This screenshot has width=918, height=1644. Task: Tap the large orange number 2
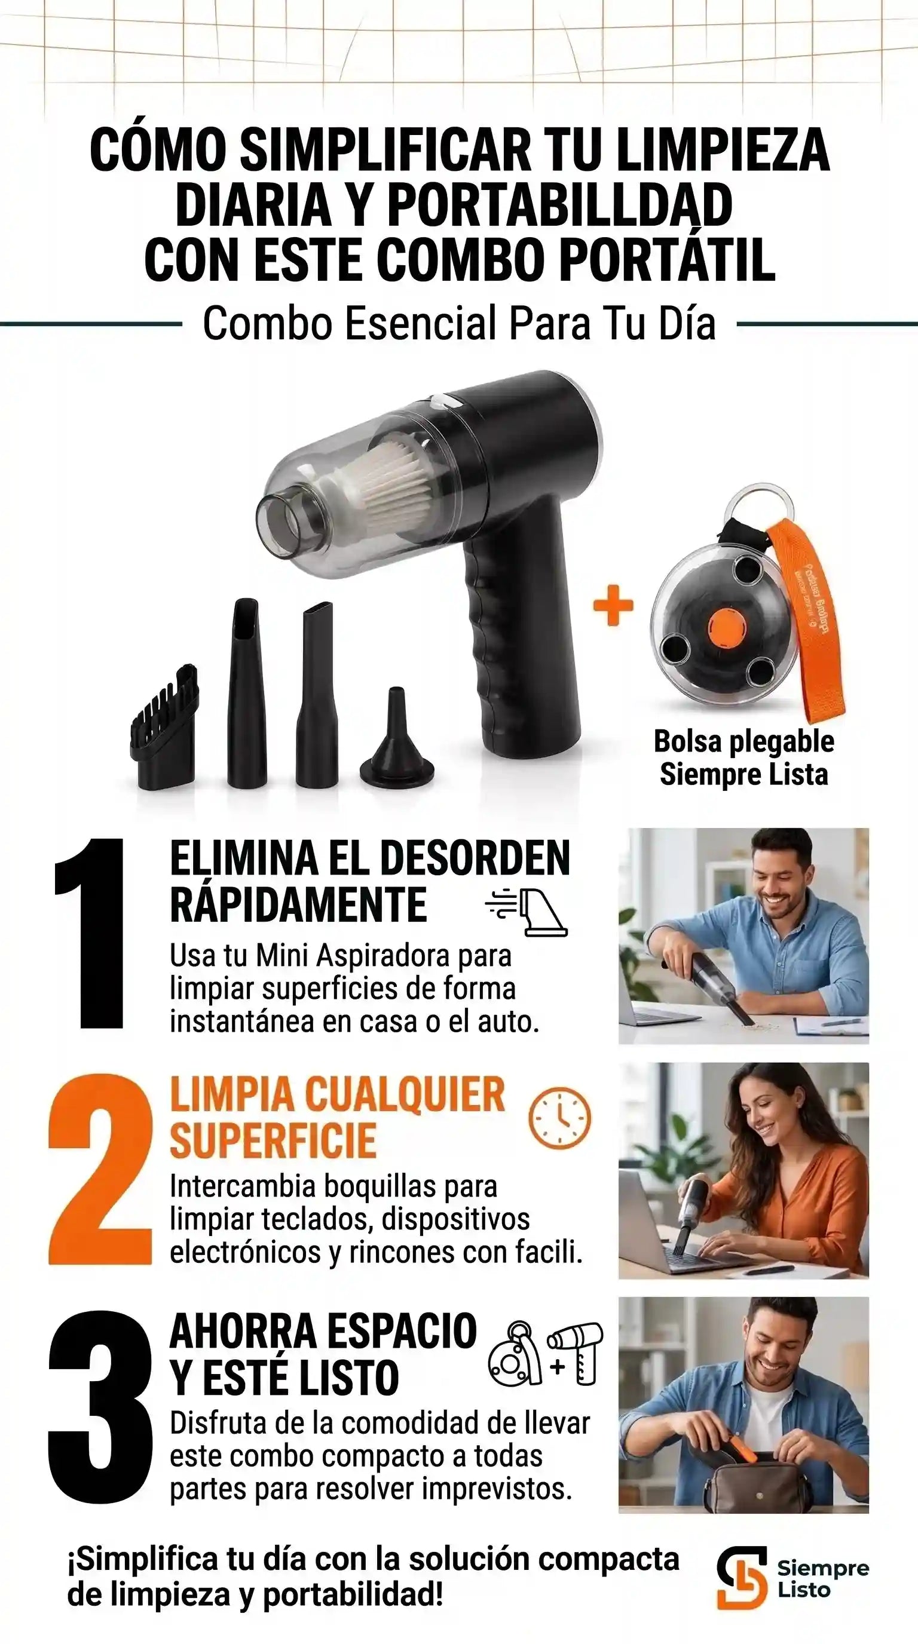pos(100,1170)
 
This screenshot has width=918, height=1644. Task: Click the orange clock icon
pos(560,1118)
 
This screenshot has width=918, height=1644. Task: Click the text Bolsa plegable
pos(743,741)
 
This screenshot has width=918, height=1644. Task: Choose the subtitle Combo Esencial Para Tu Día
pos(459,324)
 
